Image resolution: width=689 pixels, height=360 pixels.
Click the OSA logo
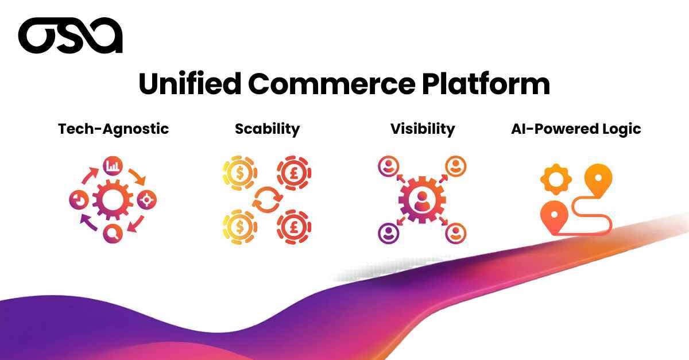click(70, 36)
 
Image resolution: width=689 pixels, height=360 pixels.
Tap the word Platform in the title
click(485, 84)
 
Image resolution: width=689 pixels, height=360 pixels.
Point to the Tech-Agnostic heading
click(114, 129)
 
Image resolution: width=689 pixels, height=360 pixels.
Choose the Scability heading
click(267, 129)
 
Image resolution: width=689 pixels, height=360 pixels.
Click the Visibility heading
click(423, 129)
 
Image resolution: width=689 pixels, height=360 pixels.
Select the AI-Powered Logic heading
click(576, 129)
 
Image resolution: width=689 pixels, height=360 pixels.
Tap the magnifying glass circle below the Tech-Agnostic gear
click(113, 233)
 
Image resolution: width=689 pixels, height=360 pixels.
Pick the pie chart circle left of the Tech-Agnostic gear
click(79, 200)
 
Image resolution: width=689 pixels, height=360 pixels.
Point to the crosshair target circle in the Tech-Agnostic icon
click(147, 200)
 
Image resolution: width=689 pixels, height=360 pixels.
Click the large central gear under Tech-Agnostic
click(113, 200)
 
